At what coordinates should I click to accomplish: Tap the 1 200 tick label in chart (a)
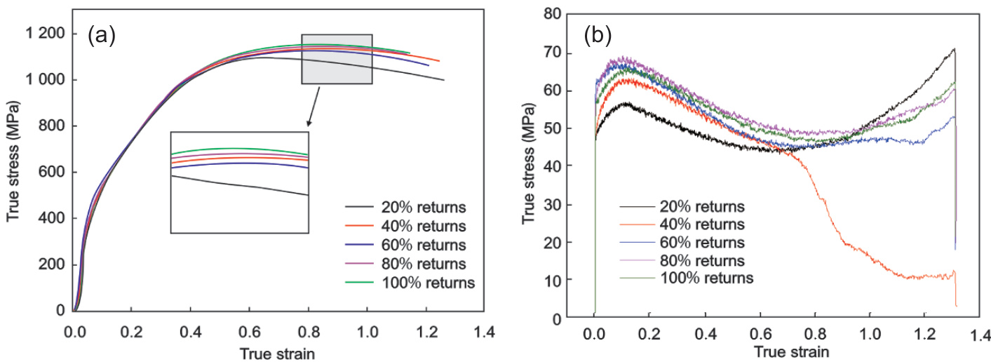(x=45, y=34)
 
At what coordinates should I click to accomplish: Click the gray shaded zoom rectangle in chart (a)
(x=337, y=59)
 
